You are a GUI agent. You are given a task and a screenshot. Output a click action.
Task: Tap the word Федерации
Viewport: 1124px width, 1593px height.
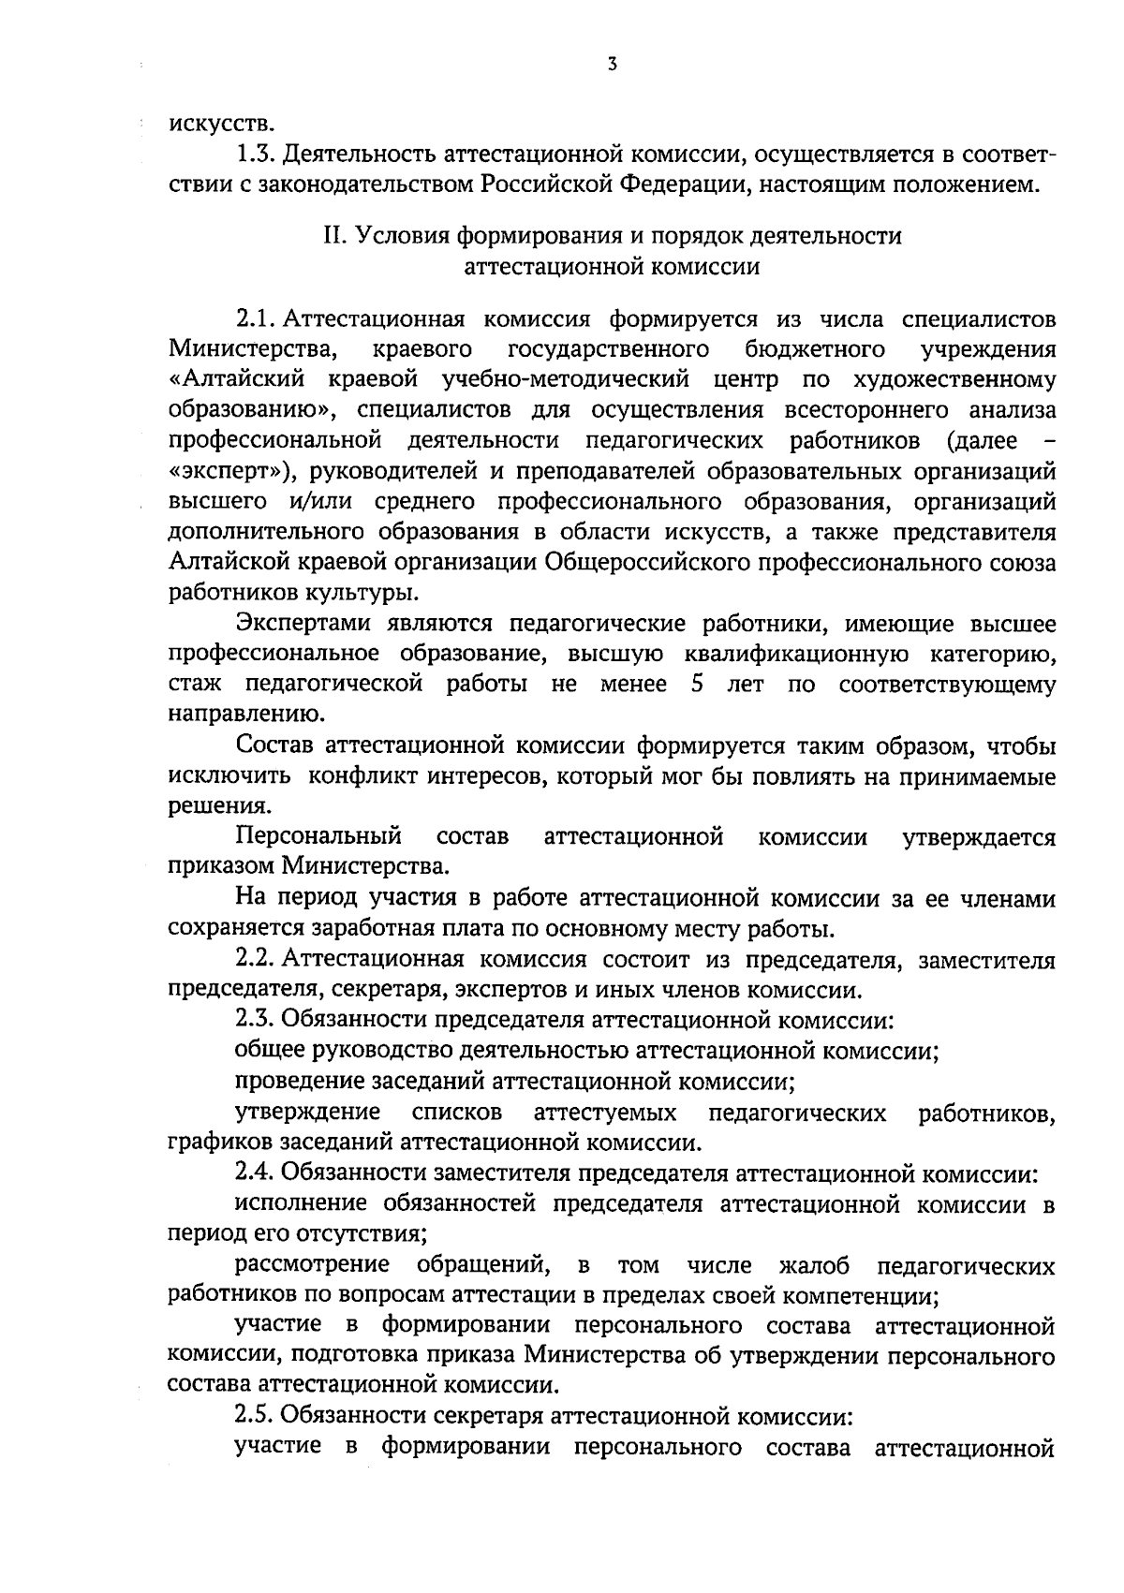click(x=683, y=183)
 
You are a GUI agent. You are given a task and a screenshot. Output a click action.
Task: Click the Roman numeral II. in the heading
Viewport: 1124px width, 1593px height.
click(x=335, y=236)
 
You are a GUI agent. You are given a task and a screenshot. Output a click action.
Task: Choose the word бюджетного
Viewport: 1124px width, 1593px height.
click(x=816, y=349)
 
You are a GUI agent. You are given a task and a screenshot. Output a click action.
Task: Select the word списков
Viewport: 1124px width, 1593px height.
click(x=456, y=1112)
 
